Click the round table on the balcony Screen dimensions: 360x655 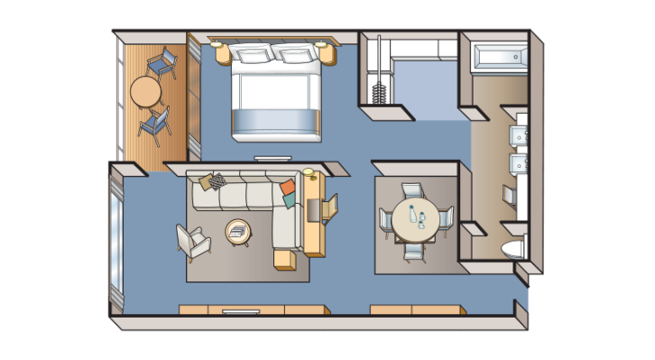144,91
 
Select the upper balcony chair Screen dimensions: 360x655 162,63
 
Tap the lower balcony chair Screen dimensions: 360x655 154,125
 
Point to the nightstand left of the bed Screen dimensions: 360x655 221,52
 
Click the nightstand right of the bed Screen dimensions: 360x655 327,52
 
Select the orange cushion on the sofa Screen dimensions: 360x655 288,189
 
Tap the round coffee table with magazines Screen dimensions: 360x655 239,232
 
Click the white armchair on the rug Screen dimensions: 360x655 192,241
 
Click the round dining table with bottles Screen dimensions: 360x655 414,219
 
